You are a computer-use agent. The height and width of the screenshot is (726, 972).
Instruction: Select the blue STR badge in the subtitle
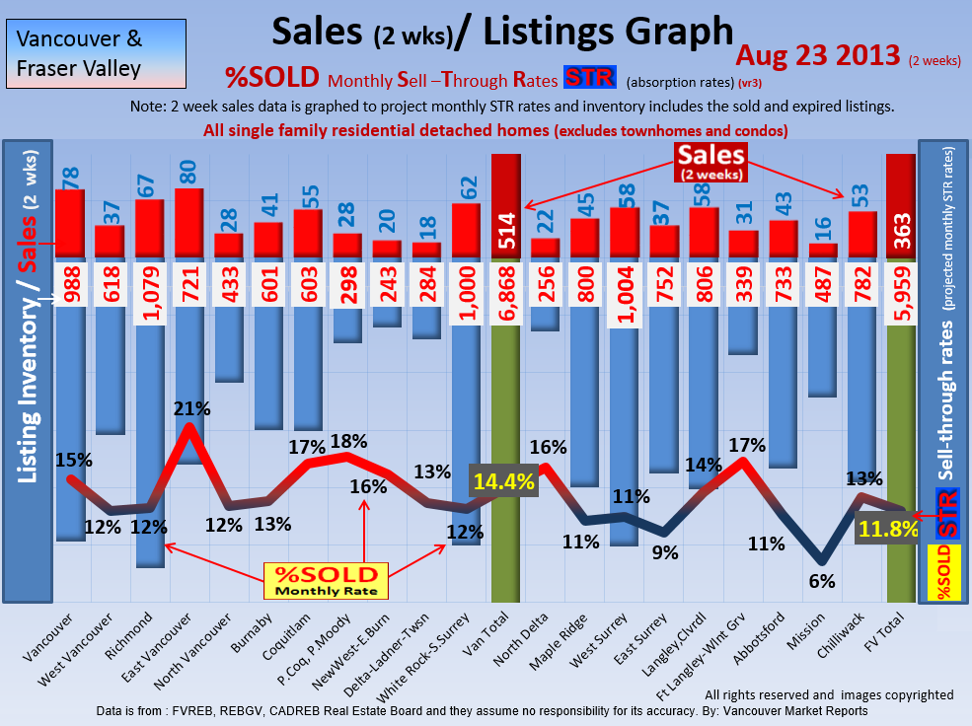[589, 78]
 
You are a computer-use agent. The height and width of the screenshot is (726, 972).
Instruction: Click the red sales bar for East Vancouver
[188, 223]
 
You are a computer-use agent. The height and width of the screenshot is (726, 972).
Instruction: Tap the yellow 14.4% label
[503, 482]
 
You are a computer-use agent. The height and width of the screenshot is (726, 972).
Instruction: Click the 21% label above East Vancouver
[189, 407]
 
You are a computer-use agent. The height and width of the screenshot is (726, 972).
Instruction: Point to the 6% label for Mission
[822, 581]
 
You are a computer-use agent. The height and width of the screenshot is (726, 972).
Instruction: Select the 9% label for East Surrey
[665, 553]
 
